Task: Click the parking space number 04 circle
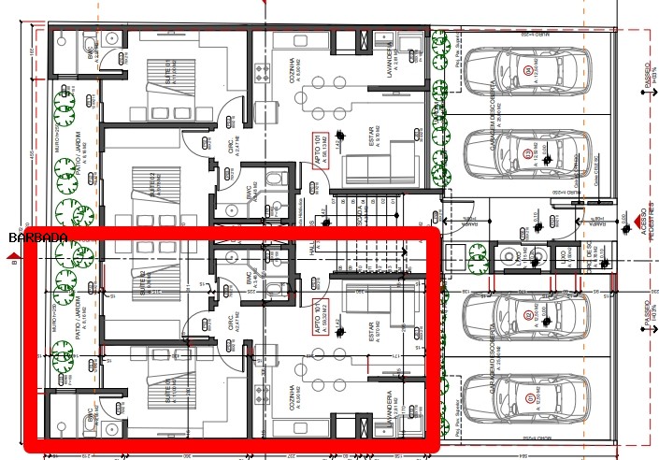[529, 70]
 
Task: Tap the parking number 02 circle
[529, 317]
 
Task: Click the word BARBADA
[37, 237]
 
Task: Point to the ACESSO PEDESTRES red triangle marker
[641, 223]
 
